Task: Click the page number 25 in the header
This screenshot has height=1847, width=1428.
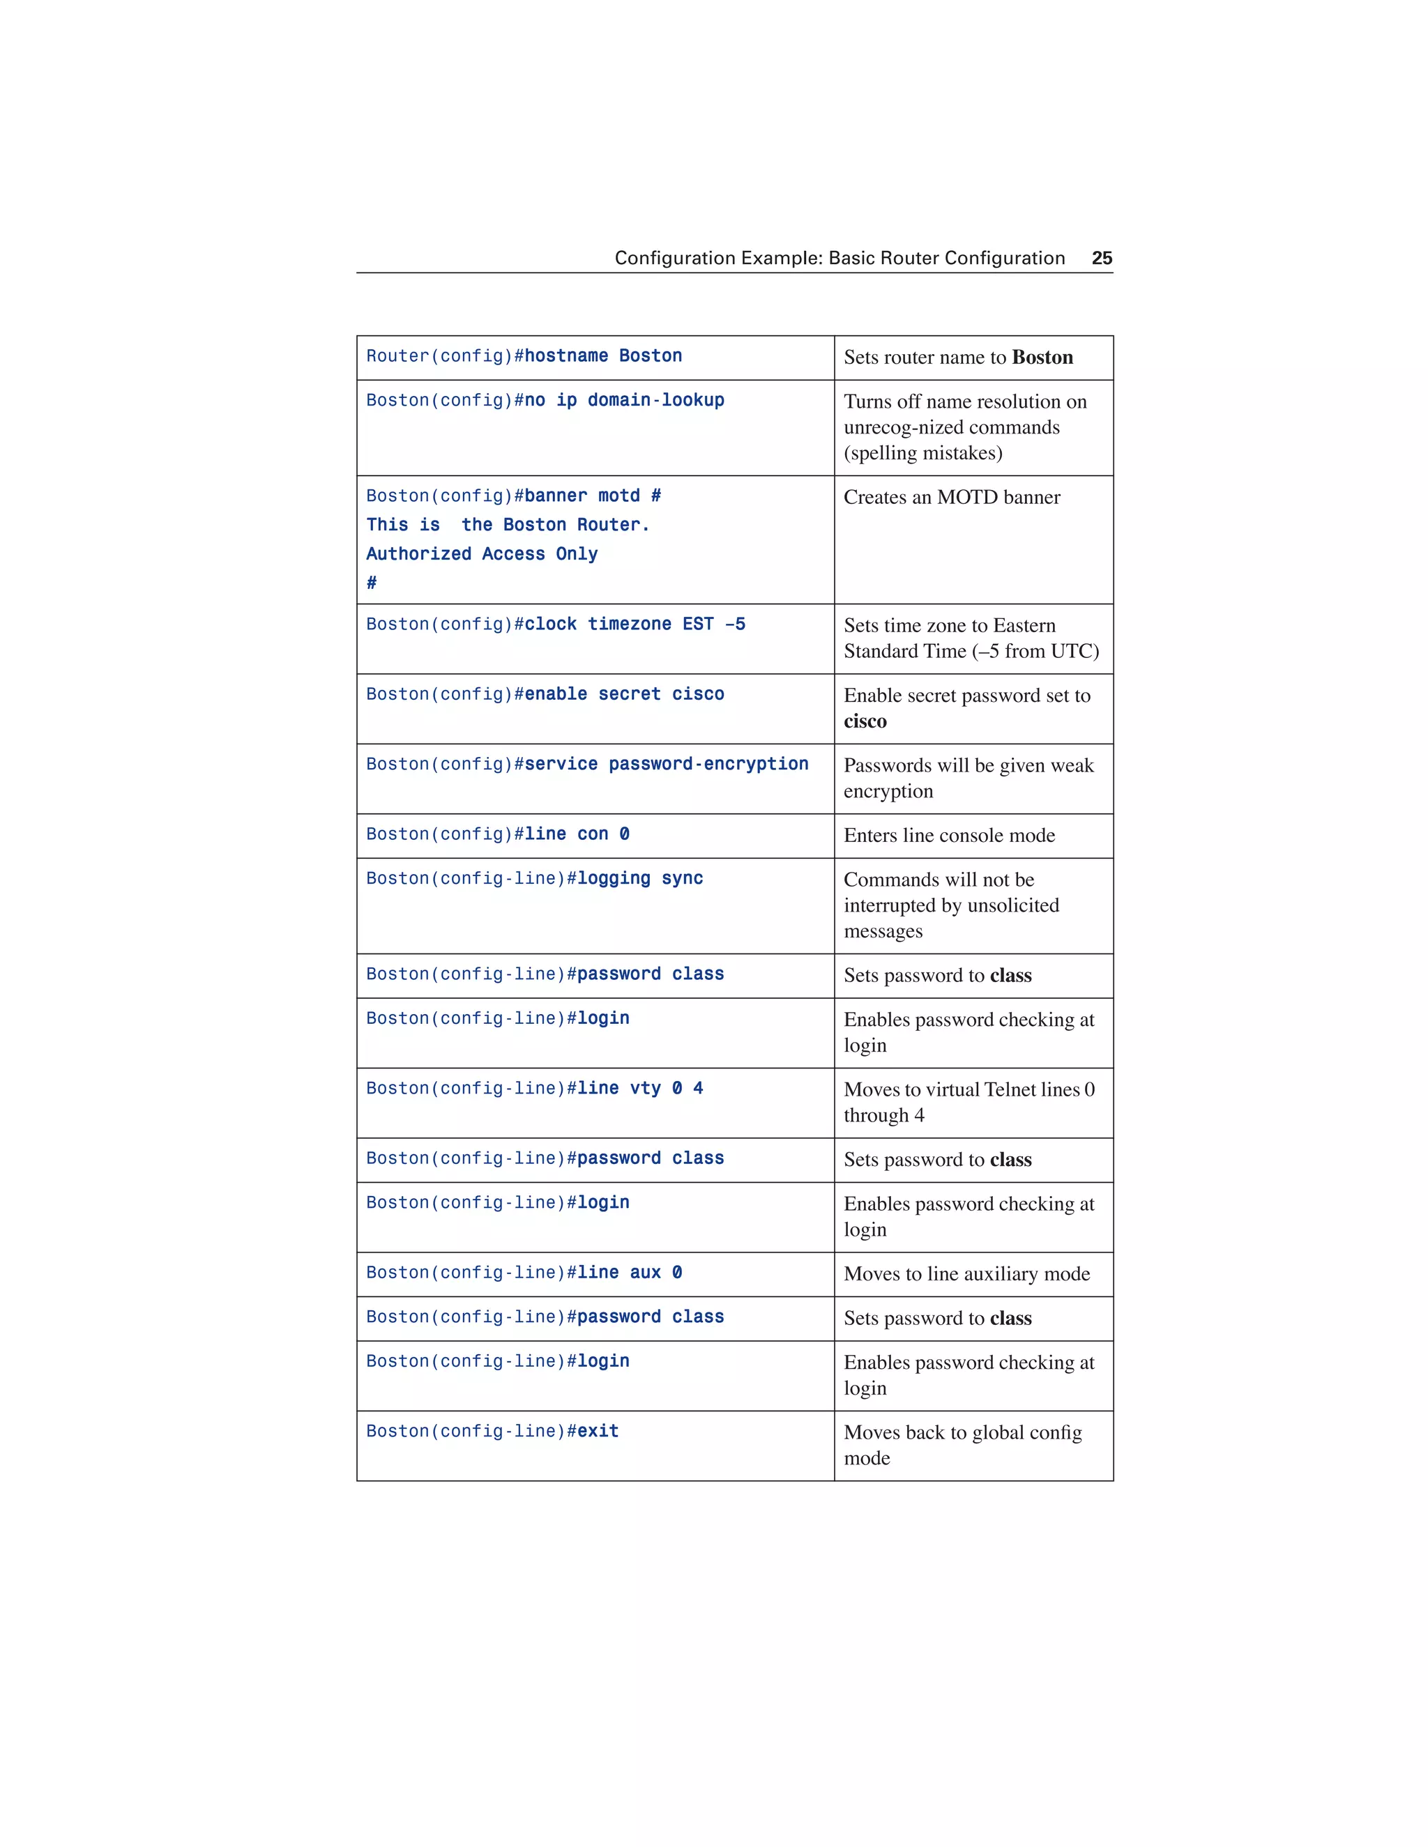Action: tap(1102, 258)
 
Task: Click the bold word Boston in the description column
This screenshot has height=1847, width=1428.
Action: tap(1042, 357)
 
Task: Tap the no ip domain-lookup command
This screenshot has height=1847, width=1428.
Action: tap(624, 400)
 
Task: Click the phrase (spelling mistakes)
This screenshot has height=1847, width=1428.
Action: tap(923, 453)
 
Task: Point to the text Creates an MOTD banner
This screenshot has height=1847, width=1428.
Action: tap(952, 497)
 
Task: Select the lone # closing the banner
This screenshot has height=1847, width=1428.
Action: tap(372, 583)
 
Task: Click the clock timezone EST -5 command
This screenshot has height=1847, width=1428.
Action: tap(635, 624)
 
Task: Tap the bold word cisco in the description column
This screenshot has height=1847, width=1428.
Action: tap(865, 721)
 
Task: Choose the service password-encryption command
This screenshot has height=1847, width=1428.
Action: tap(666, 765)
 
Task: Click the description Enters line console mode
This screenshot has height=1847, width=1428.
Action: tap(949, 836)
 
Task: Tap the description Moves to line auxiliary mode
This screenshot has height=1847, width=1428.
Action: tap(967, 1273)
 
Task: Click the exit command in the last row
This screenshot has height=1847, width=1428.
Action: tap(598, 1431)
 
